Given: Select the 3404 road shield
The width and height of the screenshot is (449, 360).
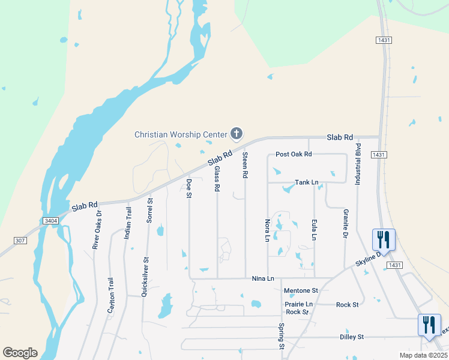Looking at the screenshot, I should tap(51, 221).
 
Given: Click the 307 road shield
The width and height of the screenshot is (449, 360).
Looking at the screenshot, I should tap(21, 240).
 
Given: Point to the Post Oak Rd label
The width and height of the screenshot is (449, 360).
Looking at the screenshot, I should tap(294, 154).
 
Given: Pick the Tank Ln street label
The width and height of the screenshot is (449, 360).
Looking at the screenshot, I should tap(307, 182).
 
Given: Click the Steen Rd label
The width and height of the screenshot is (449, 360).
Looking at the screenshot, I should tap(245, 164).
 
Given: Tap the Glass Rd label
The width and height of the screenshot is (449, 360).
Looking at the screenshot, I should tap(217, 179).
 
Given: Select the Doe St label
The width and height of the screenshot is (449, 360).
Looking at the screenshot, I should tap(188, 188).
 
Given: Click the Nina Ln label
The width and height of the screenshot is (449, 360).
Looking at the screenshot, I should tap(263, 278).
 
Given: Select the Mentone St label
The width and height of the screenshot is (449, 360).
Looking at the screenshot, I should tap(300, 290).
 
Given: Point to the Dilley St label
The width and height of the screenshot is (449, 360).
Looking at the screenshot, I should tap(352, 337).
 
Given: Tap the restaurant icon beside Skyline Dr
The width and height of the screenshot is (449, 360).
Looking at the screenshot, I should tap(382, 239).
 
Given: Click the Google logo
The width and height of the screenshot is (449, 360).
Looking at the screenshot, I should tap(20, 353).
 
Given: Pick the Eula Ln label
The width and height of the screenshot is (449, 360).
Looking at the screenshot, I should tap(314, 230).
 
